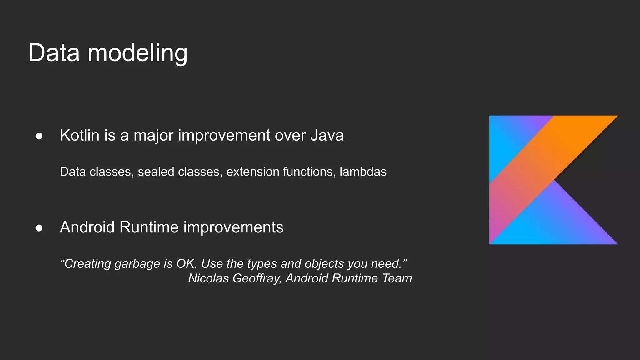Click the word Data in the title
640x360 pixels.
(x=54, y=53)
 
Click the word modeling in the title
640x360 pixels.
(x=137, y=54)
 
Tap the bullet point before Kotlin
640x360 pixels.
(x=39, y=136)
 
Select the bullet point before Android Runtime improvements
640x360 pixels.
(x=39, y=228)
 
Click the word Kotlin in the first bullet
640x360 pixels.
(x=79, y=135)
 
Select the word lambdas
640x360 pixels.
(x=363, y=172)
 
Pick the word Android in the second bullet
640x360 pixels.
(x=87, y=227)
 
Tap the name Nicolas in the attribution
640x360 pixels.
(x=208, y=278)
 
